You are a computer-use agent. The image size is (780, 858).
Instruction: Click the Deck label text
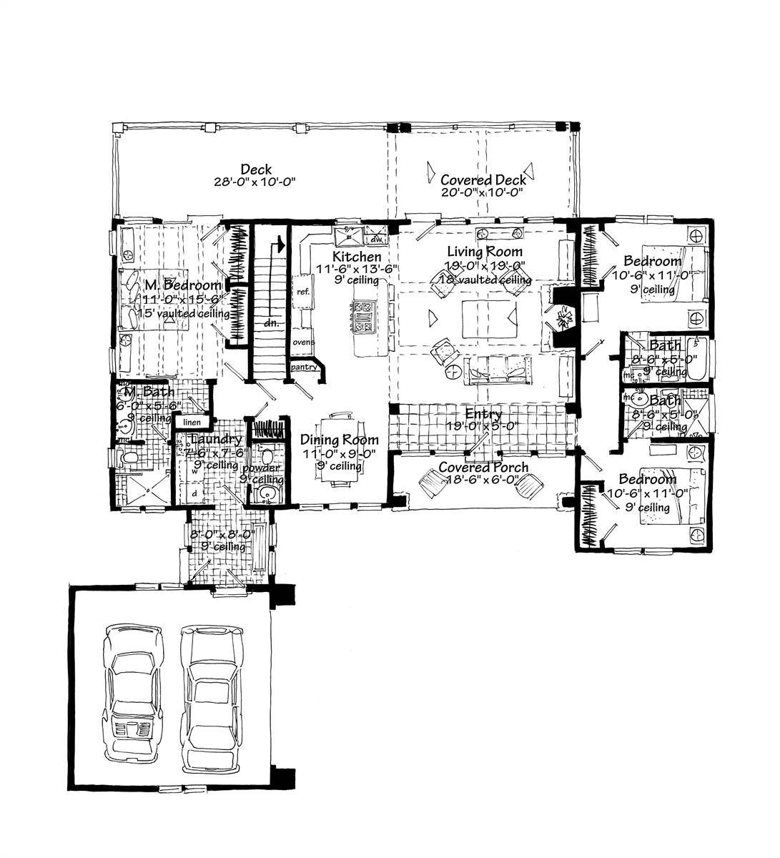255,169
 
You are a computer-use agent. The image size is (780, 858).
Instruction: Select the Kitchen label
356,256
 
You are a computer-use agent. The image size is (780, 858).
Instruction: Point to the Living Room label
484,252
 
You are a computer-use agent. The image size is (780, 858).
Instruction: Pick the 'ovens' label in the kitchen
302,342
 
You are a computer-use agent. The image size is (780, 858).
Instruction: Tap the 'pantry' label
302,367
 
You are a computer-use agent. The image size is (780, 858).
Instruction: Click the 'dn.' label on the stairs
270,323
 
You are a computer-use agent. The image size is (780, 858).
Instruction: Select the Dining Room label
339,440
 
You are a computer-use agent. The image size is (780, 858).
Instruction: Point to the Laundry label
217,440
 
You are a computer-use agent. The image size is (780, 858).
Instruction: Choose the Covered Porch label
483,468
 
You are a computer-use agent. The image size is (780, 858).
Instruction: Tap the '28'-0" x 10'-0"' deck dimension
255,182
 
